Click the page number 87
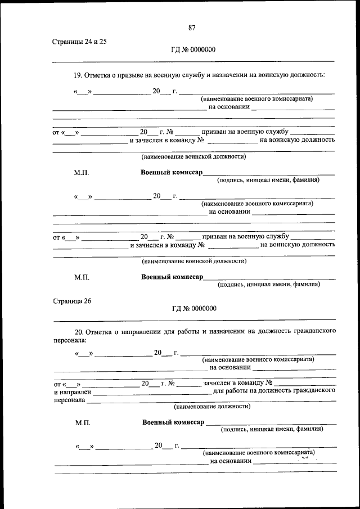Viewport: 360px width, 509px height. click(192, 28)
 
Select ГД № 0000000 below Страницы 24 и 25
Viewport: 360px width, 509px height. click(193, 49)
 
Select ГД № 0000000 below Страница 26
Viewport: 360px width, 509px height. click(194, 309)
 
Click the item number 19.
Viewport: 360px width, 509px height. click(78, 74)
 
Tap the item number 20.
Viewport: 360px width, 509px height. click(79, 332)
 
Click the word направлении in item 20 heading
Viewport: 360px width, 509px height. click(138, 332)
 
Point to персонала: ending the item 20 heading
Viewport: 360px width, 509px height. click(70, 341)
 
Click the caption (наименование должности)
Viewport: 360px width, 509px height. click(212, 406)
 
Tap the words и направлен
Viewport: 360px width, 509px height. click(71, 391)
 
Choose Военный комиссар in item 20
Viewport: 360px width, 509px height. click(173, 422)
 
